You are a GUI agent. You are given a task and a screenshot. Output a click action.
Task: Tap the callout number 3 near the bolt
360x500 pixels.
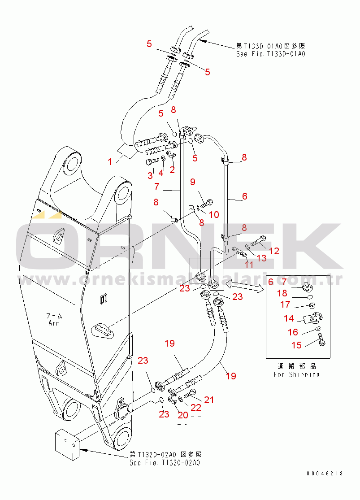tap(150, 175)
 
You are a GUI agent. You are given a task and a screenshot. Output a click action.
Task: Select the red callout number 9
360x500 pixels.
tap(192, 182)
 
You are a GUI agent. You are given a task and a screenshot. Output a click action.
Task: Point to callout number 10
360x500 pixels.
tap(214, 215)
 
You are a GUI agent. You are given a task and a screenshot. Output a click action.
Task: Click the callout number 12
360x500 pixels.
tap(274, 251)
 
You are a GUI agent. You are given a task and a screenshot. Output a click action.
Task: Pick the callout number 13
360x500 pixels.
tap(261, 258)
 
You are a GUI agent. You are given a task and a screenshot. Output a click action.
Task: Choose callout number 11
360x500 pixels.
tap(249, 265)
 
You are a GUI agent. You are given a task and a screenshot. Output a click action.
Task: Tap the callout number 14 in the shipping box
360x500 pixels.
tap(289, 318)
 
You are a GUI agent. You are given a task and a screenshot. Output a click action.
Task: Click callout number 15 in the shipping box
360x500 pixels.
tap(296, 345)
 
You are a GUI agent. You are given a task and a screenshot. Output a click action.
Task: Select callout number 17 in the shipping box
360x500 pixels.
tap(285, 305)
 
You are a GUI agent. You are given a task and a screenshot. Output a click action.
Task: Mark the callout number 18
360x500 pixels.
tap(282, 293)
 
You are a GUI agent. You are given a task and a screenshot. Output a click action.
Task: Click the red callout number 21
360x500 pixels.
tap(209, 400)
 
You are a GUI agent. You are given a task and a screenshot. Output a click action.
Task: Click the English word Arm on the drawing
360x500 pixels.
tap(54, 323)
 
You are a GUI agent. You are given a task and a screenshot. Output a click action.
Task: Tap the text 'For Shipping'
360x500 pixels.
tap(296, 374)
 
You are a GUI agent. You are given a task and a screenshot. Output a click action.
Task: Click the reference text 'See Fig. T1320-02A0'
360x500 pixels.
tap(164, 463)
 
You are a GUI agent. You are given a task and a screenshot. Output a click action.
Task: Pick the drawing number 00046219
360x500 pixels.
tap(325, 474)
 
